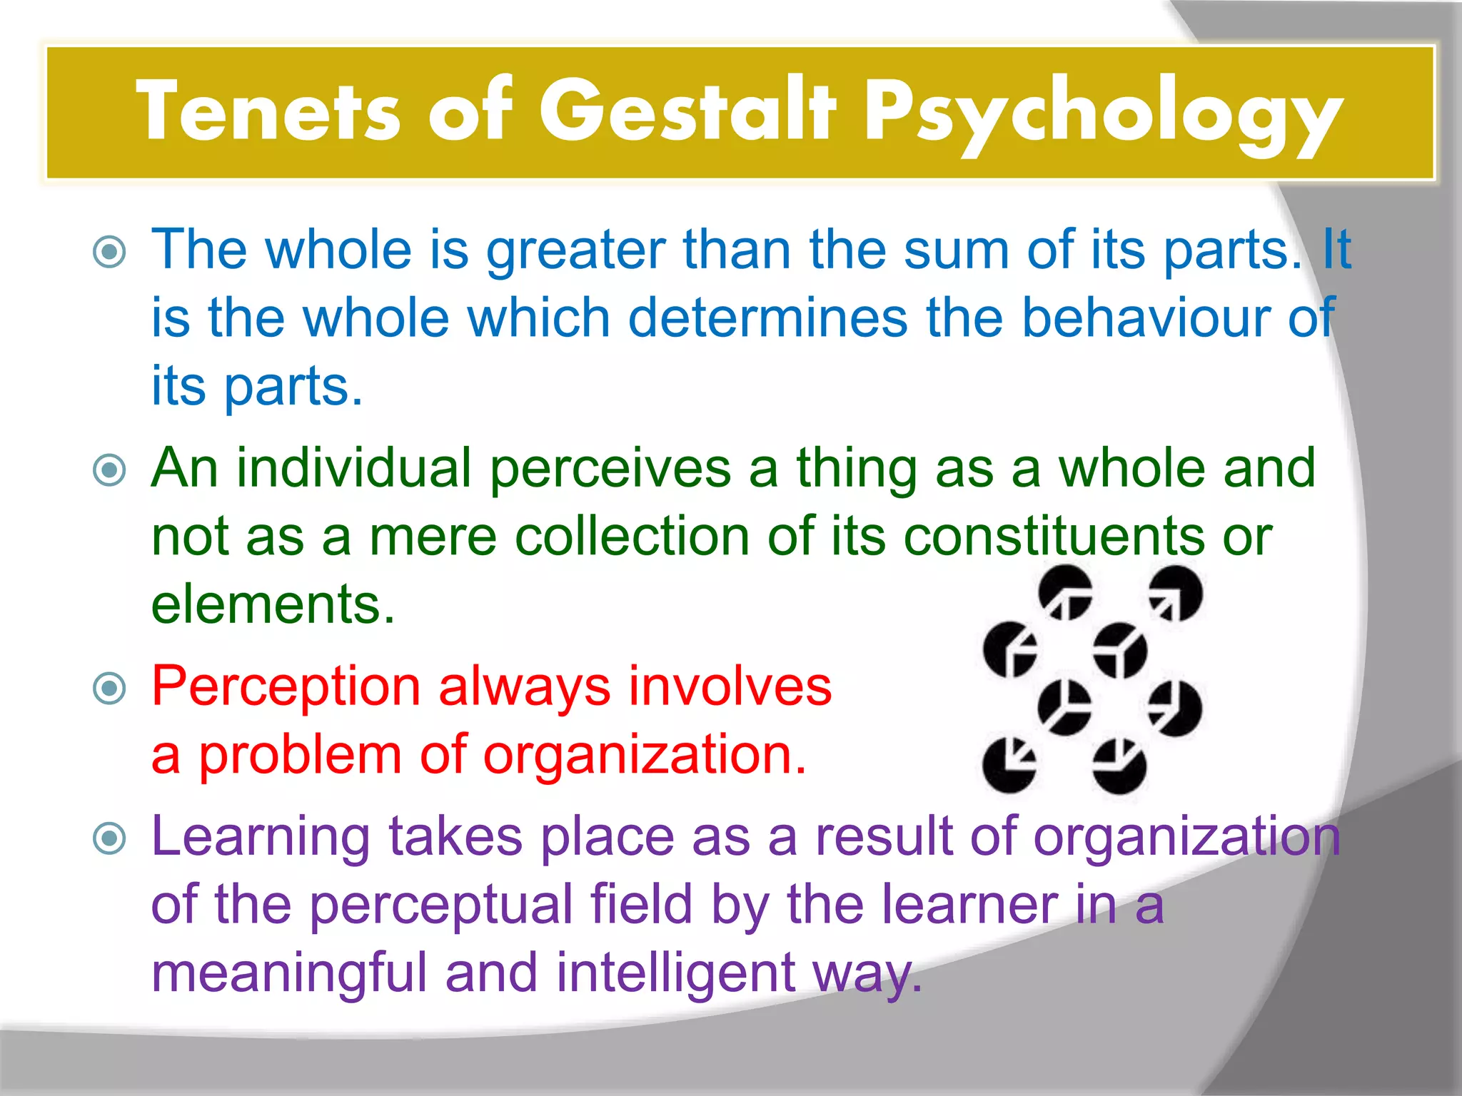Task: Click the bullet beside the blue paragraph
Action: [x=110, y=252]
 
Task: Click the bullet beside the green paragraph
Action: [x=110, y=470]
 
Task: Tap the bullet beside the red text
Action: [x=110, y=689]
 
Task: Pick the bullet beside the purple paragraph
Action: [x=110, y=838]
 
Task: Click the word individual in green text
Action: [x=354, y=469]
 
